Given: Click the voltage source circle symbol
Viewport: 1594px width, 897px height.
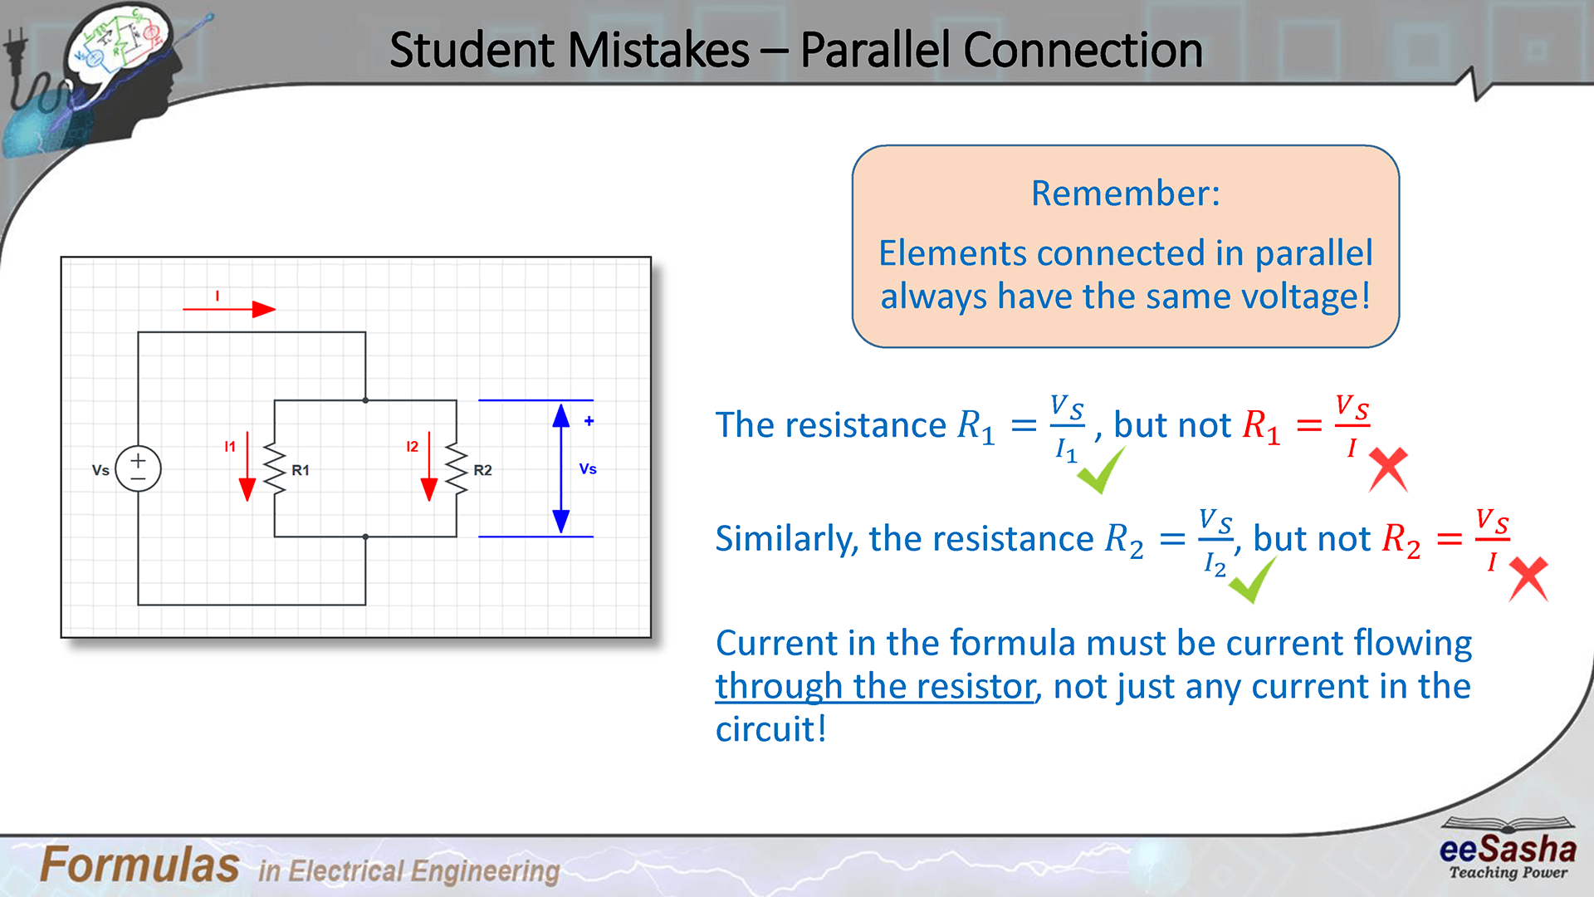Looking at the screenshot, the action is click(138, 468).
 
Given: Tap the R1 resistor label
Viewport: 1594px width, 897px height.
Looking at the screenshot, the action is click(301, 470).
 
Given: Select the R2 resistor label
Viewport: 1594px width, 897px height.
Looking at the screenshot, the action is click(482, 470).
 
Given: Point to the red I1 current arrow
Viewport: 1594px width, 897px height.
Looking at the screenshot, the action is click(247, 466).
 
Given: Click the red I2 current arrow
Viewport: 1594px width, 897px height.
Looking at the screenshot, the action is click(429, 466).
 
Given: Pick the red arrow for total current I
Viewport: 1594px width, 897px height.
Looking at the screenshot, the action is click(229, 309).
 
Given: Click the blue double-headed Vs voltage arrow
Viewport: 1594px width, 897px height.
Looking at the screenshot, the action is click(561, 468).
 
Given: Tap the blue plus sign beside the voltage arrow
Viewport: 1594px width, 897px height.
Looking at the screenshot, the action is click(589, 421).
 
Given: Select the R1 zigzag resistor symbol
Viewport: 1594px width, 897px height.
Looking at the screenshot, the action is click(275, 469).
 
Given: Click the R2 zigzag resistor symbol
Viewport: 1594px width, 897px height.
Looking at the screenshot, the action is click(457, 469).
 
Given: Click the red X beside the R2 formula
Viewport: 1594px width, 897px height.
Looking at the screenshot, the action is click(1528, 578).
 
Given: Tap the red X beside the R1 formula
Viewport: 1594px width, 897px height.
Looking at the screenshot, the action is click(1388, 469).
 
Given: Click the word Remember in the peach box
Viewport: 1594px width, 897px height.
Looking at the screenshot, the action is click(1125, 194).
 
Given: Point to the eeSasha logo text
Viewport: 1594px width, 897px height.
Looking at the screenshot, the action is click(1508, 849).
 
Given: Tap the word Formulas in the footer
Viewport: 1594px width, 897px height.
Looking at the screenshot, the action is click(139, 865).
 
